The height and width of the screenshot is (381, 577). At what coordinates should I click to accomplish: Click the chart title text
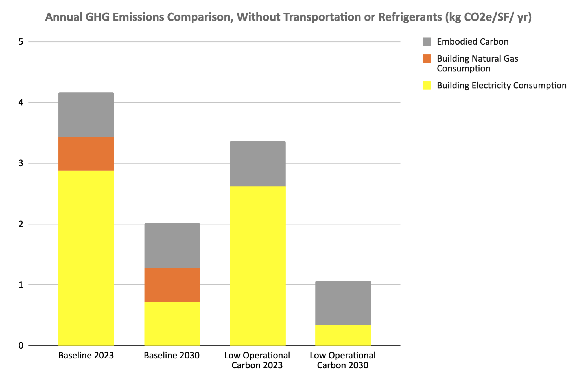pyautogui.click(x=288, y=17)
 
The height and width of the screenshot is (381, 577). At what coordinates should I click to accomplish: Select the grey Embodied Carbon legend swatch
pyautogui.click(x=427, y=42)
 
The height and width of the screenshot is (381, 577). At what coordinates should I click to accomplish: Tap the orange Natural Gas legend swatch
pyautogui.click(x=427, y=59)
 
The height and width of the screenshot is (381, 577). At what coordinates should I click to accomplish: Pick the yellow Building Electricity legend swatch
pyautogui.click(x=427, y=86)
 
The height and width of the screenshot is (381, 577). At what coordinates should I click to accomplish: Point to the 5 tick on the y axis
pyautogui.click(x=21, y=42)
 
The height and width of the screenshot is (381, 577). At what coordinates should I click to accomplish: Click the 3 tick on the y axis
pyautogui.click(x=21, y=163)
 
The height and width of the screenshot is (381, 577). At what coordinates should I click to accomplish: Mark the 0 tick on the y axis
pyautogui.click(x=21, y=345)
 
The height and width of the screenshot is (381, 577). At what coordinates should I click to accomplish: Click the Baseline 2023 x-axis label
pyautogui.click(x=86, y=355)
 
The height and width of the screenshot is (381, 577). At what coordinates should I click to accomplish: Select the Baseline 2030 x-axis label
pyautogui.click(x=172, y=355)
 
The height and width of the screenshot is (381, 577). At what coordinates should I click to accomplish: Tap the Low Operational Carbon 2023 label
pyautogui.click(x=257, y=360)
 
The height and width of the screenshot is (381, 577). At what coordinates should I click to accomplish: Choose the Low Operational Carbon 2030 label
pyautogui.click(x=343, y=360)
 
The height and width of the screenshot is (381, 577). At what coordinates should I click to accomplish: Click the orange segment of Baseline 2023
pyautogui.click(x=86, y=154)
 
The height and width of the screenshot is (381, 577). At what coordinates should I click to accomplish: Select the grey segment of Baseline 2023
pyautogui.click(x=86, y=115)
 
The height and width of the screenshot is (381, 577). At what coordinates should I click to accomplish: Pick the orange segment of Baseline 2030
pyautogui.click(x=172, y=285)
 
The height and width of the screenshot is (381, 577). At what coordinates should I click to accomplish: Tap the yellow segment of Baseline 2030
pyautogui.click(x=172, y=324)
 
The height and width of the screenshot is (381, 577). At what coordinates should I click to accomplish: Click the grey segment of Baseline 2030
pyautogui.click(x=172, y=246)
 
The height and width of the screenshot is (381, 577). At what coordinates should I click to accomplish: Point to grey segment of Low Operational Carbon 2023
pyautogui.click(x=258, y=164)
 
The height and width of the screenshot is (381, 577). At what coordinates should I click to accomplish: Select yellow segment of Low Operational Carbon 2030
pyautogui.click(x=343, y=335)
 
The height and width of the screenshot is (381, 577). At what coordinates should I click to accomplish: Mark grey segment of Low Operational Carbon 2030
pyautogui.click(x=343, y=303)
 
